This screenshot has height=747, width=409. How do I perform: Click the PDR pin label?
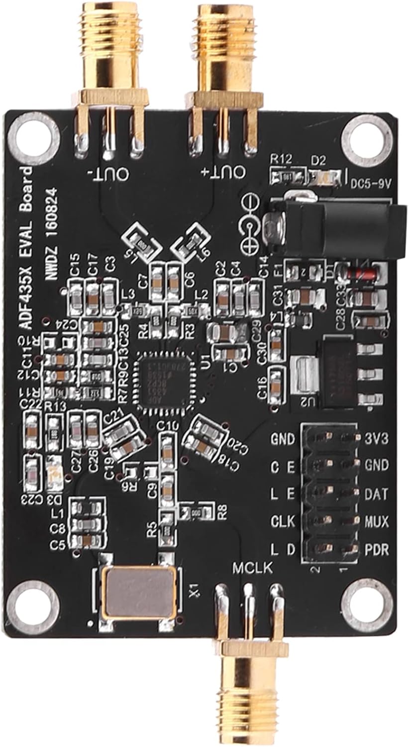tap(377, 550)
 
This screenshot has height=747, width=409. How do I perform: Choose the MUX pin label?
tap(377, 522)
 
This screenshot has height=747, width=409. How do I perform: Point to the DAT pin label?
tap(377, 494)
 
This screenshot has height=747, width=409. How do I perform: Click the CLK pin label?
tap(283, 522)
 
